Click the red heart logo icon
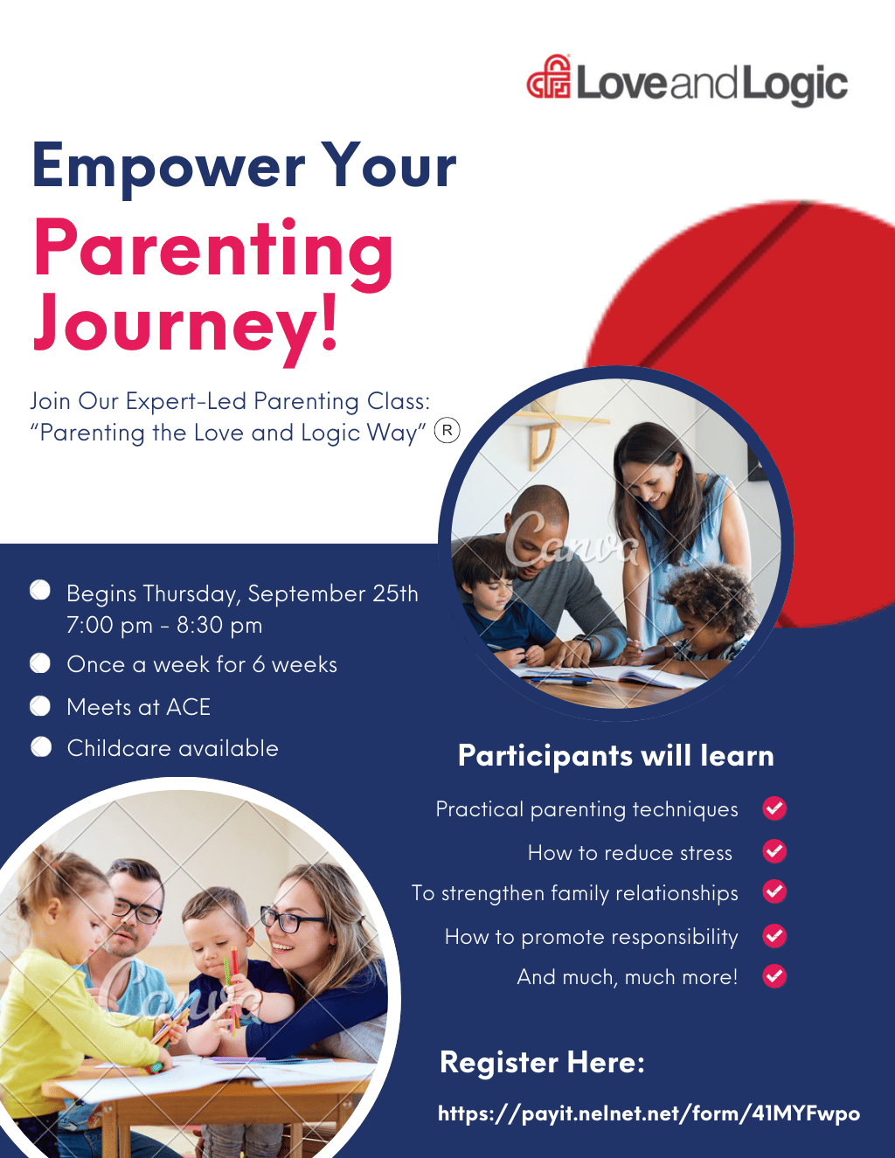click(x=549, y=77)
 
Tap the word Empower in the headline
click(x=169, y=167)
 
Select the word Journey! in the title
click(x=185, y=326)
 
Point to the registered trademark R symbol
click(x=447, y=431)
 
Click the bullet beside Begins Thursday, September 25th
click(x=40, y=591)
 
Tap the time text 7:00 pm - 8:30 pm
click(x=164, y=626)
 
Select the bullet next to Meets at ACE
click(x=40, y=706)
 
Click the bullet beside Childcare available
click(x=41, y=747)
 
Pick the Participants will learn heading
click(x=616, y=756)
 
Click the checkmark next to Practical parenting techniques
click(x=774, y=808)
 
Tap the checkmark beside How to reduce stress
click(x=774, y=851)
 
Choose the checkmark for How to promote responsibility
click(x=774, y=936)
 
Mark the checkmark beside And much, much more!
click(x=774, y=976)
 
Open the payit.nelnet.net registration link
click(x=649, y=1113)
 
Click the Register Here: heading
click(x=542, y=1062)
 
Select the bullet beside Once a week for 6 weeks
click(x=40, y=663)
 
